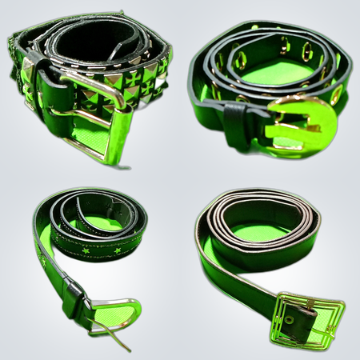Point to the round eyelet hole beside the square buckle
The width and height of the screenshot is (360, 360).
coord(290,319)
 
